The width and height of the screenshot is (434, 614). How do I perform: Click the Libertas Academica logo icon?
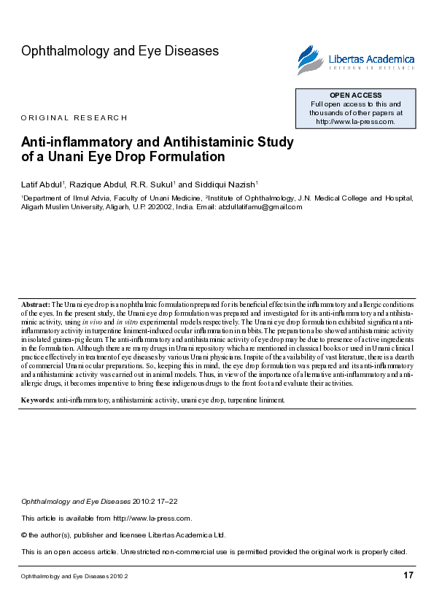pos(309,59)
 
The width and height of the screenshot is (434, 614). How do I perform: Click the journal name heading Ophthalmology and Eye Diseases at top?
pos(120,51)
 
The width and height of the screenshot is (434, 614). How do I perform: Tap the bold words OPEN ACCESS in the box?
pos(355,96)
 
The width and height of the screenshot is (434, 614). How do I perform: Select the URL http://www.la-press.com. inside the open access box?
pos(355,122)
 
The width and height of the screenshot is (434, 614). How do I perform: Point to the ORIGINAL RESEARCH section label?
pos(74,118)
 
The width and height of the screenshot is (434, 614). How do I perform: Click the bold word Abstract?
pos(35,303)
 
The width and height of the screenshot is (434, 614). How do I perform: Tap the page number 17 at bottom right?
pos(408,576)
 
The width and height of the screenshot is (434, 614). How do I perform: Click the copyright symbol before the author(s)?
pos(24,535)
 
